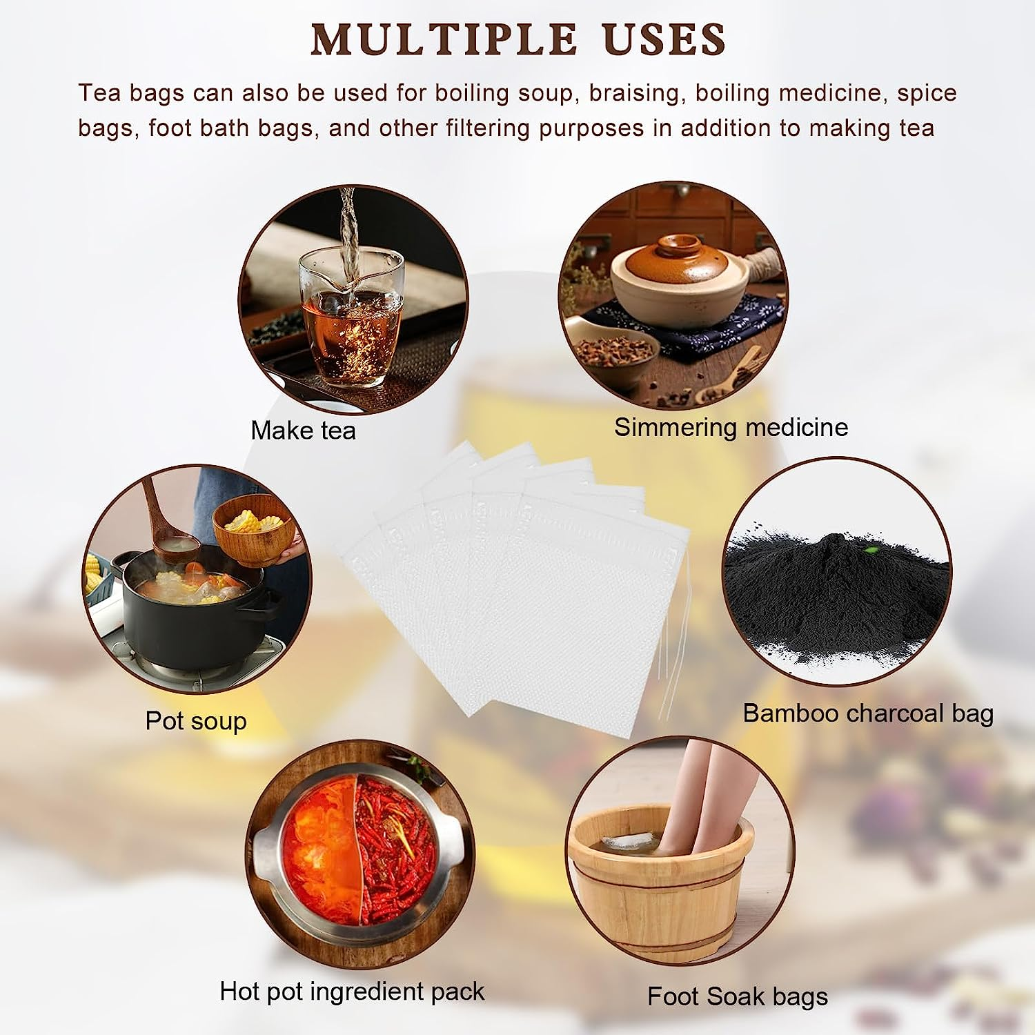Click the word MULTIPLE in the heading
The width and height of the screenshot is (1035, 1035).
[x=444, y=39]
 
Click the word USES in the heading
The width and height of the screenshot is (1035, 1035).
[x=664, y=39]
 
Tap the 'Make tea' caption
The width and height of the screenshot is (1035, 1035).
[x=303, y=431]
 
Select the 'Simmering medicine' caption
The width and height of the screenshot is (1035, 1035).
[x=731, y=427]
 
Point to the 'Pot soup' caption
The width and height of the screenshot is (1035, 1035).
[x=196, y=720]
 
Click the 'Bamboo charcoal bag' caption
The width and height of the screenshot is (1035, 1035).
[x=867, y=713]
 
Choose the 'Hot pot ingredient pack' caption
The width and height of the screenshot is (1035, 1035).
[x=352, y=991]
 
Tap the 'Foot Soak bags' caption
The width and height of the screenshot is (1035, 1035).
[x=737, y=996]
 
